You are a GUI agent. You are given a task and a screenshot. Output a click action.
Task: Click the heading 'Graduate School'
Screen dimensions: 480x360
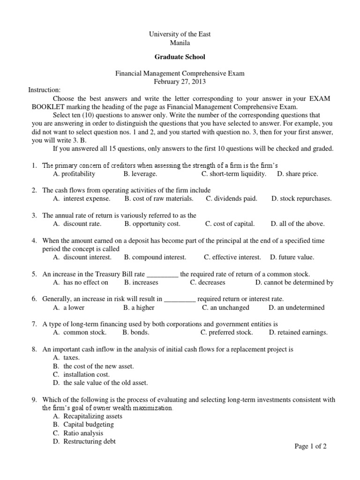180,57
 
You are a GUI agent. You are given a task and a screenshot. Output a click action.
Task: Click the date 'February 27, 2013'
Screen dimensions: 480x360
180,82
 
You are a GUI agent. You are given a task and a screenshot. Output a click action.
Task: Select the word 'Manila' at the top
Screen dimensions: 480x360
180,43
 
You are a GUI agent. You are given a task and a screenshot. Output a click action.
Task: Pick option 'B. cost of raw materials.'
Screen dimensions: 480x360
159,199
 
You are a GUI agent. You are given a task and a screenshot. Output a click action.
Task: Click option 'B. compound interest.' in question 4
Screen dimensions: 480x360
155,257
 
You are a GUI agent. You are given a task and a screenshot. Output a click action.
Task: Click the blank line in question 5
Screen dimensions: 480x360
163,274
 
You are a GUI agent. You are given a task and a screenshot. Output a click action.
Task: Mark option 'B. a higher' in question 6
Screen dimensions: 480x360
139,308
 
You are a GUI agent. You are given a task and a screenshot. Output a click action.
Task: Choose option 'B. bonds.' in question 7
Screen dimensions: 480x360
136,333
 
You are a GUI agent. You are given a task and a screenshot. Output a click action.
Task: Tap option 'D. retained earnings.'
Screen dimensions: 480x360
298,333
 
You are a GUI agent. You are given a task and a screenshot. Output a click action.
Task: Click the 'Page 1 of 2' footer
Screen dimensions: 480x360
310,447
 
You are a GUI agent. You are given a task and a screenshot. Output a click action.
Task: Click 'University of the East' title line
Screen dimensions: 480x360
180,34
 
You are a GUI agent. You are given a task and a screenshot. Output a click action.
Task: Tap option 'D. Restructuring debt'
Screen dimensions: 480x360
84,442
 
